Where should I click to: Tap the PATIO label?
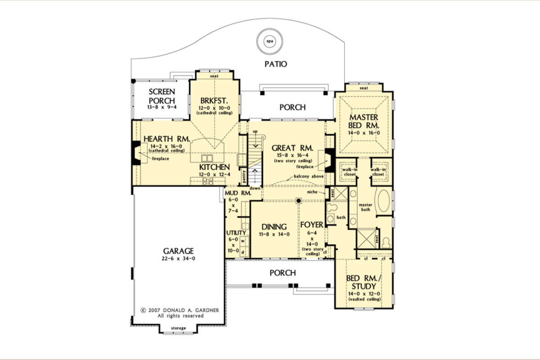pos(276,64)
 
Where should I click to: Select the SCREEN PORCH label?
pos(162,96)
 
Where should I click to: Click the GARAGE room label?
pos(178,251)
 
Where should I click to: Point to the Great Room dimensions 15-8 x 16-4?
pos(292,155)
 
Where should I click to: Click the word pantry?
pos(244,176)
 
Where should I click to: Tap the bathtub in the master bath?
pos(384,201)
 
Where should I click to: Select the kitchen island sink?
pos(207,158)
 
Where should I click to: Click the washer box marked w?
pos(243,241)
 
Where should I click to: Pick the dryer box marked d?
pos(243,252)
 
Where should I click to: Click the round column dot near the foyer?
pos(299,201)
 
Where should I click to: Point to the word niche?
pos(312,192)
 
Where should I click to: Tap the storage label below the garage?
pos(178,328)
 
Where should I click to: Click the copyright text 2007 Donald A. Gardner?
pos(180,310)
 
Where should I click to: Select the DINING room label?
pos(274,227)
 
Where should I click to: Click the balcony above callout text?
pos(309,176)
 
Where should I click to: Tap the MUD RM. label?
pos(238,193)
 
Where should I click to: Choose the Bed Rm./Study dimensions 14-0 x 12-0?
pos(364,294)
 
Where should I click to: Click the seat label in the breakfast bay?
pos(214,76)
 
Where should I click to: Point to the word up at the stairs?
pos(255,131)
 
